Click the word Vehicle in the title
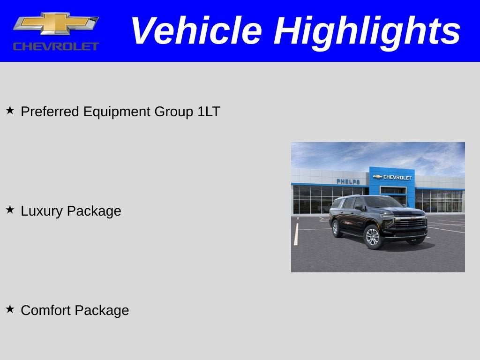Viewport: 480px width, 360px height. pyautogui.click(x=196, y=31)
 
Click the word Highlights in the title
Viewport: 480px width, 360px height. pyautogui.click(x=367, y=32)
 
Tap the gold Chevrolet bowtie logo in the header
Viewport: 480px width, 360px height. pyautogui.click(x=56, y=23)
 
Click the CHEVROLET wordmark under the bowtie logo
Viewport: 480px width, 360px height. pyautogui.click(x=56, y=46)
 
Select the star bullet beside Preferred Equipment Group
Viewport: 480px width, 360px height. pyautogui.click(x=10, y=111)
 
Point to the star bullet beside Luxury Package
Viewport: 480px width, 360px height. pyautogui.click(x=10, y=210)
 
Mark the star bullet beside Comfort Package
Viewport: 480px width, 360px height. pyautogui.click(x=10, y=309)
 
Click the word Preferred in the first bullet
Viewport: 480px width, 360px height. pyautogui.click(x=51, y=112)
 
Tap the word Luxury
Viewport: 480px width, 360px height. pyautogui.click(x=41, y=211)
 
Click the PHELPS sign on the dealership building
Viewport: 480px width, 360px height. pyautogui.click(x=348, y=181)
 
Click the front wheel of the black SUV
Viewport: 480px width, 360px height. pyautogui.click(x=372, y=237)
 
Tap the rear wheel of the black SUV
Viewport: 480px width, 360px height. pyautogui.click(x=335, y=229)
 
